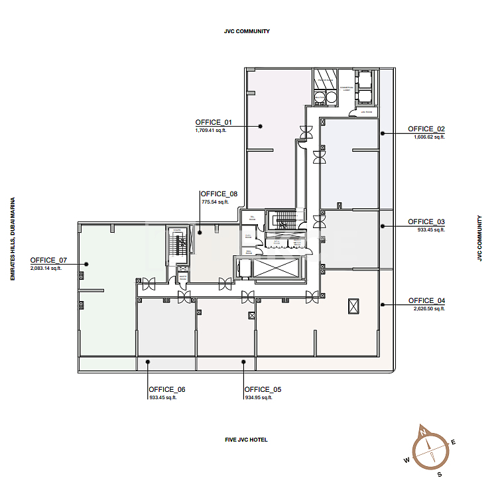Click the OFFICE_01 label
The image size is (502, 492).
pos(214,123)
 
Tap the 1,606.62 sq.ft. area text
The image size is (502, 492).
pos(429,137)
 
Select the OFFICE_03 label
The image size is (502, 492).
pos(426,221)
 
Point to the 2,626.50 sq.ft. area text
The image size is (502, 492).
pos(429,309)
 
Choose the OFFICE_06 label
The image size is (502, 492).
pos(167,389)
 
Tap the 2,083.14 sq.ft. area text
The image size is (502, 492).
pos(46,269)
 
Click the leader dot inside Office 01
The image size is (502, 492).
pos(261,125)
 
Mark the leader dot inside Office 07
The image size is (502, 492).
pos(86,264)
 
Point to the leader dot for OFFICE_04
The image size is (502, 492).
pos(382,305)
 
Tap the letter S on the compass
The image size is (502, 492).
pos(439,474)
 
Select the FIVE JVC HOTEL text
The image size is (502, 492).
pos(246,440)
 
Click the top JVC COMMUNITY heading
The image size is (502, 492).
pos(247,31)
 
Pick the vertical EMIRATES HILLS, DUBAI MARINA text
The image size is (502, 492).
pos(13,239)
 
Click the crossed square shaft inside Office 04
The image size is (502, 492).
pos(353,306)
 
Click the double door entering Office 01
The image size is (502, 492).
pos(306,132)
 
